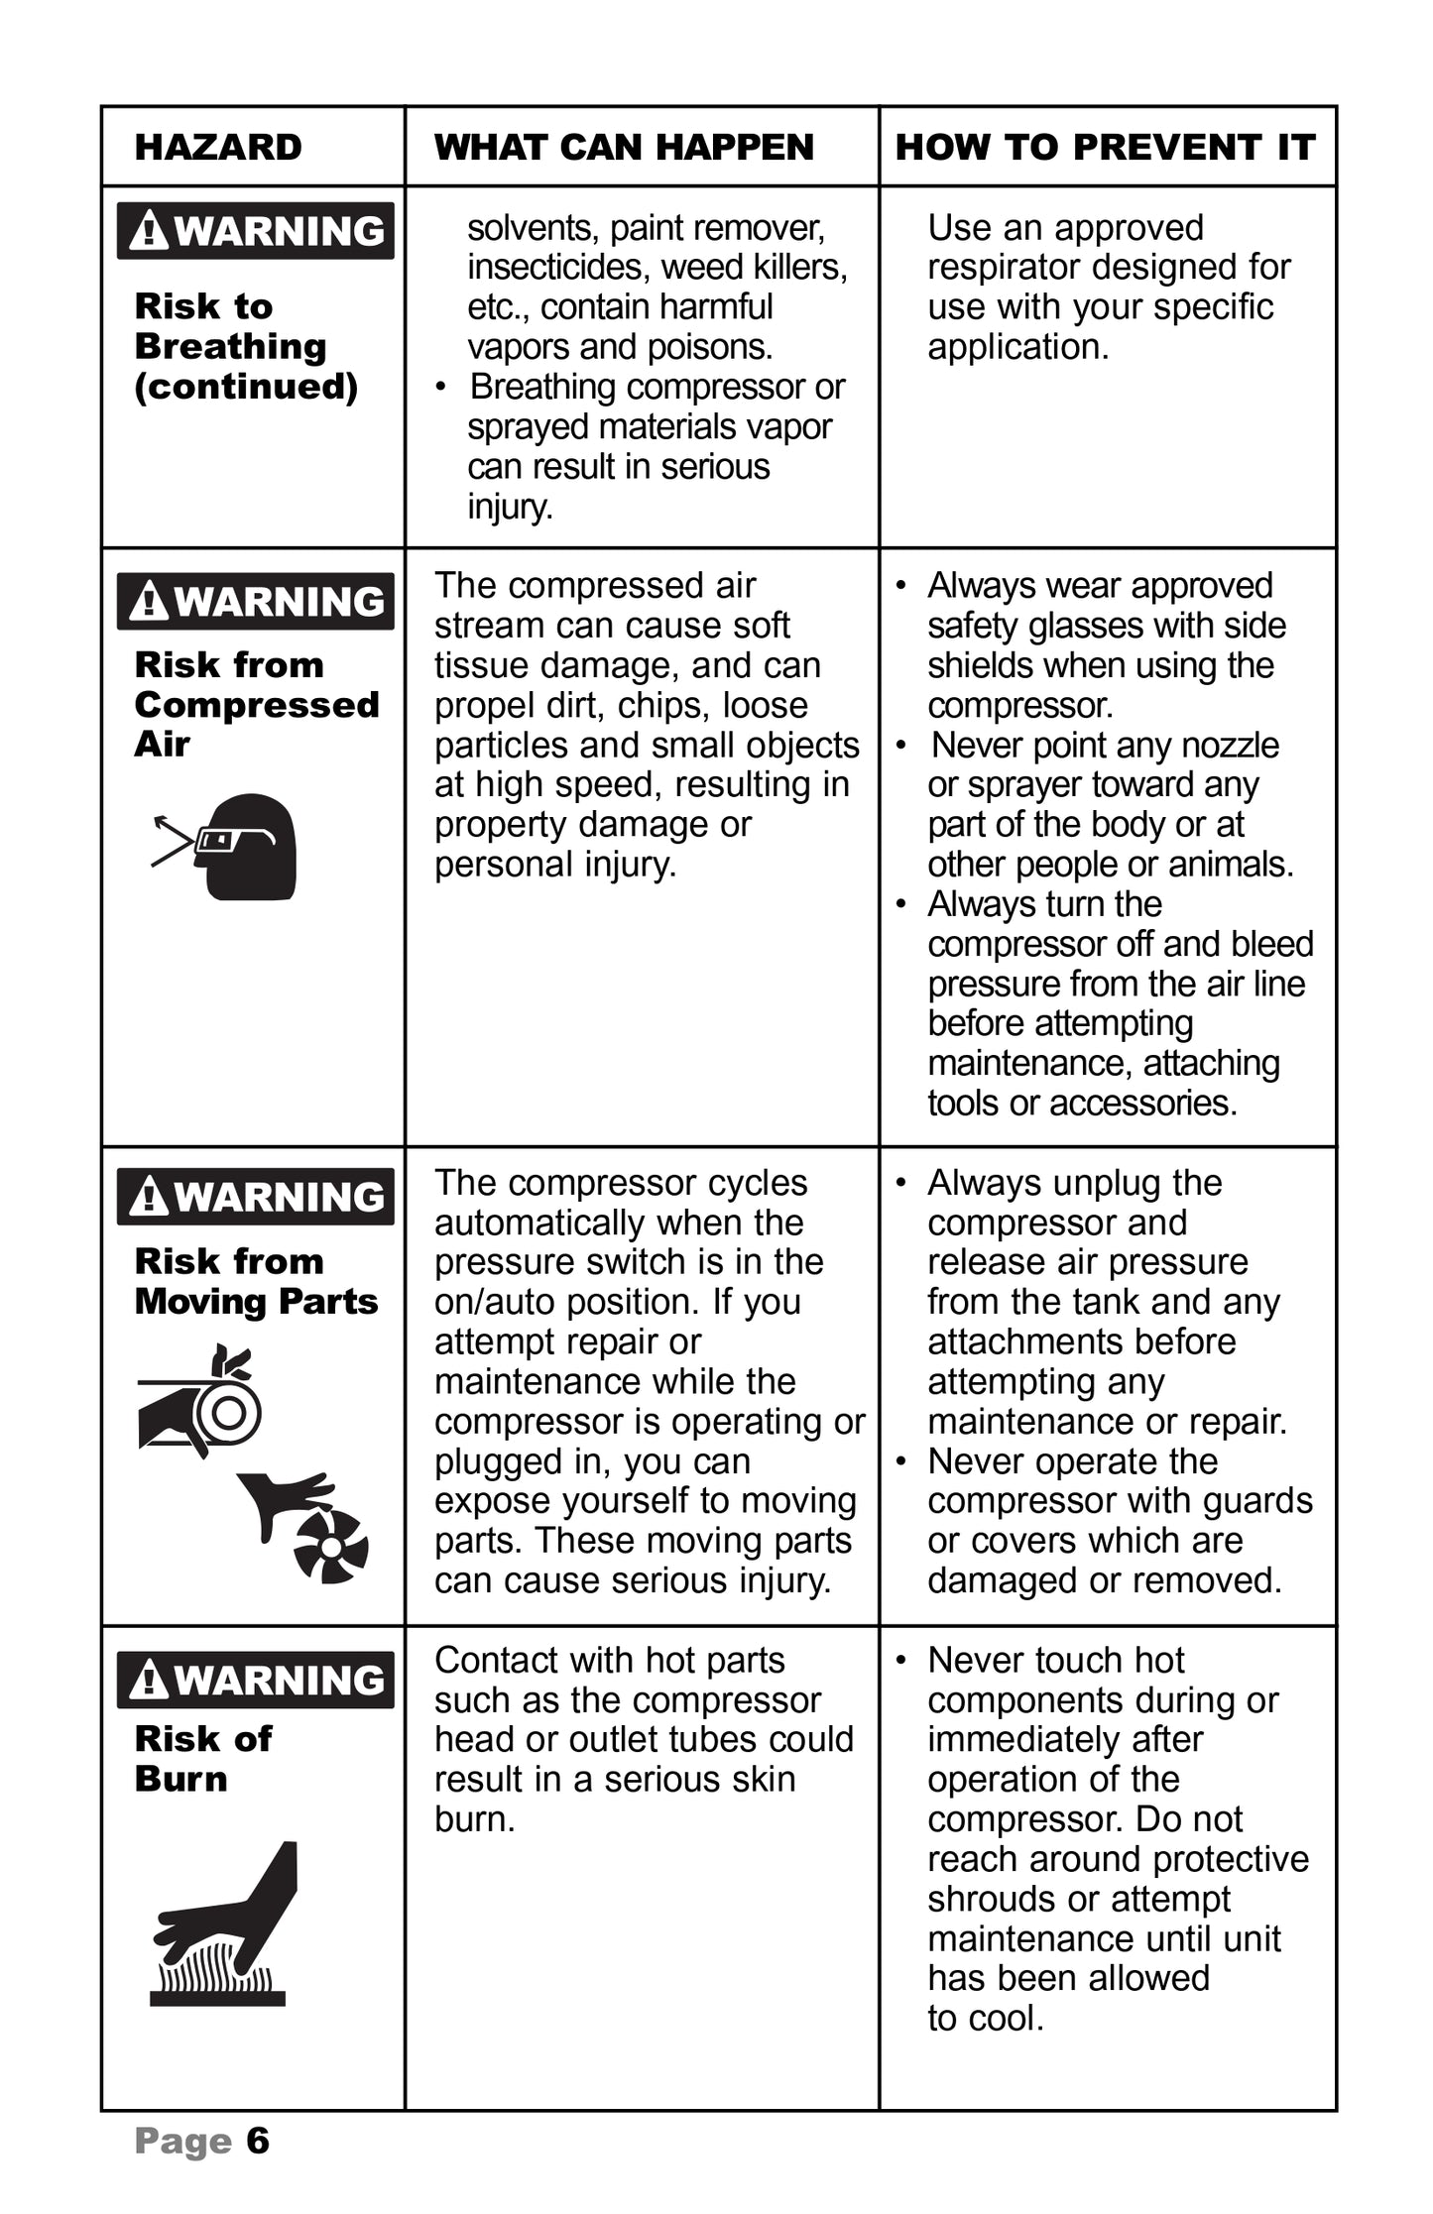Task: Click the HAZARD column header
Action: coord(218,147)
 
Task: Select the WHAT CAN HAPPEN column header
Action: coord(624,147)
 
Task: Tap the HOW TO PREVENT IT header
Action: coord(1105,147)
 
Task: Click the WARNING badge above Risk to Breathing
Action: coord(255,231)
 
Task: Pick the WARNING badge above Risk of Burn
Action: coord(255,1680)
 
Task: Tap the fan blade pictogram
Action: coord(330,1547)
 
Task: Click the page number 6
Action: coord(258,2141)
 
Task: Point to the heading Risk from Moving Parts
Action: coord(256,1281)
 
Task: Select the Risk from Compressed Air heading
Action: coord(256,704)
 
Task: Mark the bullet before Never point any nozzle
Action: coord(901,745)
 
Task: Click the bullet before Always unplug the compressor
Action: coord(901,1183)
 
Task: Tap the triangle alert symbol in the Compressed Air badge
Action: coord(149,601)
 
